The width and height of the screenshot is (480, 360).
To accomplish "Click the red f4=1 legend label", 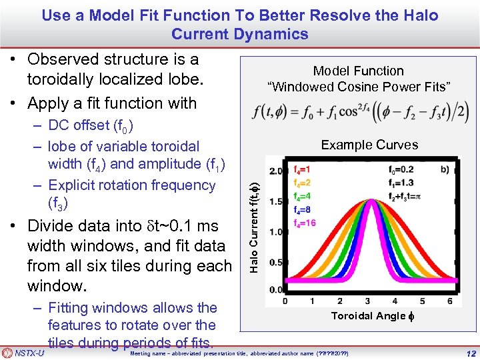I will click(303, 170).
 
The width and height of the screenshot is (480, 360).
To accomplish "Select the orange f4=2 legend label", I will click(303, 183).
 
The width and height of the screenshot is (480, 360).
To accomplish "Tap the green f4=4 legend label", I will click(303, 196).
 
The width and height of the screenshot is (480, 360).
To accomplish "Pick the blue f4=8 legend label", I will click(303, 209).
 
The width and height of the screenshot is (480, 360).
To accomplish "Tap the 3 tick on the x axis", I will click(368, 301).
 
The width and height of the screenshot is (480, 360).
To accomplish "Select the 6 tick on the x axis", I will click(451, 301).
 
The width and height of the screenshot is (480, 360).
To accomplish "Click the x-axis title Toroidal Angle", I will click(369, 316).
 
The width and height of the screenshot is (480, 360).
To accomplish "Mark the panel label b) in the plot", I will click(445, 169).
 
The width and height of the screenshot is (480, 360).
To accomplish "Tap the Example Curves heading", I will click(369, 145).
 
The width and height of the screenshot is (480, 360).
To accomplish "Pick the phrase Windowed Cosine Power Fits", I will click(359, 87).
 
